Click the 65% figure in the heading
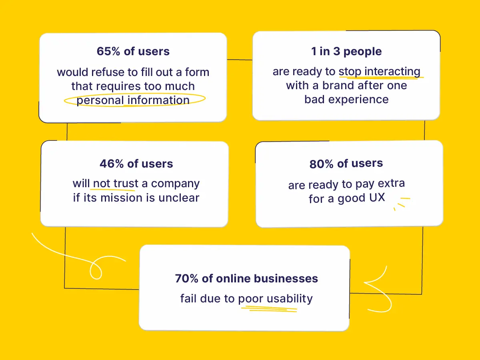tap(108, 51)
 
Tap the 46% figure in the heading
tap(112, 164)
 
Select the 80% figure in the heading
tap(322, 164)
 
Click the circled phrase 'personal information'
tap(133, 100)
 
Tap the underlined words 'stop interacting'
tap(380, 72)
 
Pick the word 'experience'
tap(358, 100)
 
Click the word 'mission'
tap(122, 198)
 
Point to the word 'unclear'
tap(179, 198)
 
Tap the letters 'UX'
tap(377, 198)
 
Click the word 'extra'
tap(391, 183)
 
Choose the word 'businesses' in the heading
tap(286, 278)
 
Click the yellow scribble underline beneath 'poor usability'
tap(269, 309)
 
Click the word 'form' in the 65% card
tap(197, 72)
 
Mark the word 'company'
tap(175, 184)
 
